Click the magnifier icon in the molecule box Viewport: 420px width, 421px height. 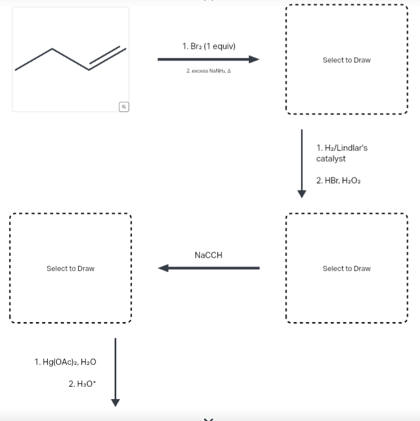[x=123, y=106]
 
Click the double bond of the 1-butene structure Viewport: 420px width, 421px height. [x=107, y=59]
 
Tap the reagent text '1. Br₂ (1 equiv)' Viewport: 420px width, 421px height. [x=208, y=45]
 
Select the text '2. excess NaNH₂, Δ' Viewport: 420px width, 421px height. [x=208, y=71]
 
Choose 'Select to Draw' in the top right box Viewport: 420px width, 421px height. [x=346, y=60]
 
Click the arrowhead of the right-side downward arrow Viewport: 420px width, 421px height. [x=302, y=194]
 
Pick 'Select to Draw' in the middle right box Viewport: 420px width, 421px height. [x=346, y=268]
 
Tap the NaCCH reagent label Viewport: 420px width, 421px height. [x=208, y=255]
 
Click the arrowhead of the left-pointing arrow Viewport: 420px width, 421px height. [x=163, y=268]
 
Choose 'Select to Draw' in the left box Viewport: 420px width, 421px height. [x=70, y=268]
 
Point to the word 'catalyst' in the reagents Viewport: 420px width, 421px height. [x=331, y=159]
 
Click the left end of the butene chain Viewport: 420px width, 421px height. [x=16, y=70]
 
